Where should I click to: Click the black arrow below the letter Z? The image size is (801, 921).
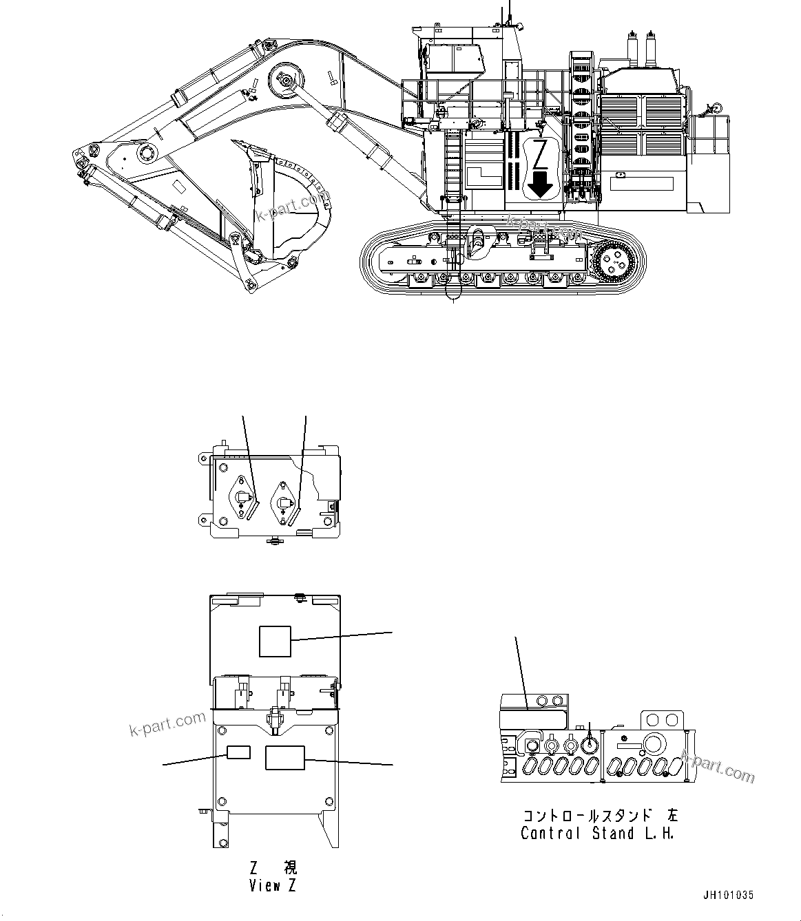pos(541,184)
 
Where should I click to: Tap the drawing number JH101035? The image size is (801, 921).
pos(728,896)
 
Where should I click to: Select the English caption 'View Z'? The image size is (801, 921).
pos(273,885)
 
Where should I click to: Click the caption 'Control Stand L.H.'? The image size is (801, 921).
pos(596,833)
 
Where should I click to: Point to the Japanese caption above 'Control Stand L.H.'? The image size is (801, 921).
pos(599,816)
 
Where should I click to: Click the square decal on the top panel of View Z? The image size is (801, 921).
pos(275,642)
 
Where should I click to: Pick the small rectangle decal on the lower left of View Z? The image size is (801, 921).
pos(238,752)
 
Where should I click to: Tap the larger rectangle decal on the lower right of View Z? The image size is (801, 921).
pos(285,757)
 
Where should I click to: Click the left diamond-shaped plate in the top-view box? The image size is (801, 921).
pos(242,496)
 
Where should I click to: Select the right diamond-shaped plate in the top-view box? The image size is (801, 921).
pos(284,498)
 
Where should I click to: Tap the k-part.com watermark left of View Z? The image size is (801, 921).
pos(167,723)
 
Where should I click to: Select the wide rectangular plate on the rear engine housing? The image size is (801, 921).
pos(641,183)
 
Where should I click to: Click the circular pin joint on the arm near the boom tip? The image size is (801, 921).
pos(146,153)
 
